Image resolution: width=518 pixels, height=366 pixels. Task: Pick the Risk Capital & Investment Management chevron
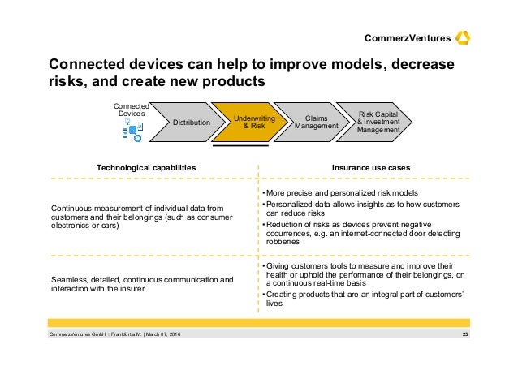[378, 122]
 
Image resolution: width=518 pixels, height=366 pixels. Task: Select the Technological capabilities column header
[146, 167]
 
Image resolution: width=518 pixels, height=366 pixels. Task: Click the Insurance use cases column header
[370, 167]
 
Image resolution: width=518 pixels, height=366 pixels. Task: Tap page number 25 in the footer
[465, 336]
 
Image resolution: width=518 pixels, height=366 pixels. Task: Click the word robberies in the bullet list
[283, 243]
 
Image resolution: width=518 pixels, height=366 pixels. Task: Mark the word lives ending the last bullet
[274, 304]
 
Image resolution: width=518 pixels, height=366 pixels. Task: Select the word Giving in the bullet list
[280, 266]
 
